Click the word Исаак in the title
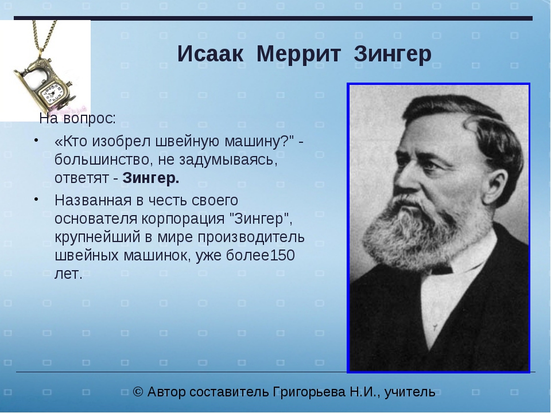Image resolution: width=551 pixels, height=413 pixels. tap(210, 54)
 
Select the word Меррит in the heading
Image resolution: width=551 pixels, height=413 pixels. tap(298, 54)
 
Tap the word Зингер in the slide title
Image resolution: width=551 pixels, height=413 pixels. tap(393, 54)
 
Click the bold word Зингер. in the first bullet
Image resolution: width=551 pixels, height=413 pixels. tap(151, 178)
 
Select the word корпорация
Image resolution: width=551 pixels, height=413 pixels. tap(183, 219)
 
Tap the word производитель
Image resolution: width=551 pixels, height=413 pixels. tap(251, 237)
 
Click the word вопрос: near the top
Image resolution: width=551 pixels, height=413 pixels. tap(90, 119)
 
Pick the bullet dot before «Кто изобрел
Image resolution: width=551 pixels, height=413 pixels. tap(36, 140)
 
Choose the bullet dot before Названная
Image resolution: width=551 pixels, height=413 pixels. tap(36, 199)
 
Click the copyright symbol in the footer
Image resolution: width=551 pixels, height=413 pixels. tap(138, 392)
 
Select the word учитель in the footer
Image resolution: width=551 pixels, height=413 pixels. tap(410, 392)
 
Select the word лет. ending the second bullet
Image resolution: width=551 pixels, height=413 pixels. tap(68, 274)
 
